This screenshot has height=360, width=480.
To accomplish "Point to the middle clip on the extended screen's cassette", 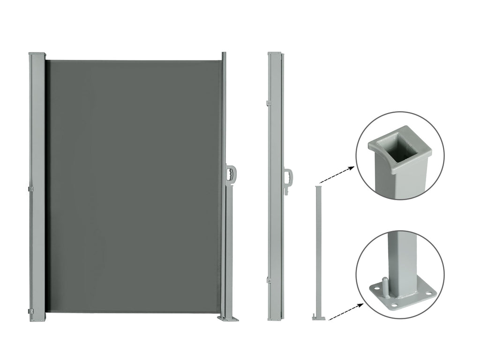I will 31,189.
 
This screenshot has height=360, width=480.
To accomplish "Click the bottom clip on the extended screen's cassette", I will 31,312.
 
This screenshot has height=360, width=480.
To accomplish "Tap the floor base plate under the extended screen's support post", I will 228,319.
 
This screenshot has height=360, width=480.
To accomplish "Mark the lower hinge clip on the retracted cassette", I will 269,280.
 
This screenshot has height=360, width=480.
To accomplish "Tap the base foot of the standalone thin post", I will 318,318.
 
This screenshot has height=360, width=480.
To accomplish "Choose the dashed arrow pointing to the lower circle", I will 346,311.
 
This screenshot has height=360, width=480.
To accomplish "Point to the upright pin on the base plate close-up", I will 384,284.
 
